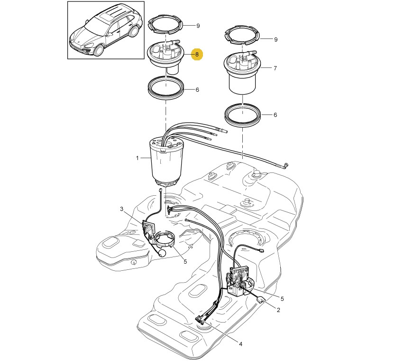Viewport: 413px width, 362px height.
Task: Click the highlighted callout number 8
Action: pyautogui.click(x=197, y=55)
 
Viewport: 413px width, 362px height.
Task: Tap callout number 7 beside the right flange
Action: pyautogui.click(x=275, y=68)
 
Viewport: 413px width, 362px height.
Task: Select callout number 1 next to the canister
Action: pyautogui.click(x=137, y=158)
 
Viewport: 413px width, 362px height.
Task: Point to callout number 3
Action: pyautogui.click(x=122, y=209)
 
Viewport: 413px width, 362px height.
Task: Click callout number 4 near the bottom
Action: pyautogui.click(x=240, y=344)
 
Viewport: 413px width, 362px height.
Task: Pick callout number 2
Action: pyautogui.click(x=278, y=310)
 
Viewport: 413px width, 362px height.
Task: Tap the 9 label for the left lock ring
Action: pyautogui.click(x=198, y=26)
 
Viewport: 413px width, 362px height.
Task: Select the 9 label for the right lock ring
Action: pyautogui.click(x=276, y=39)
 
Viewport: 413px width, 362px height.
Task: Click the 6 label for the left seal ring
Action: pyautogui.click(x=197, y=90)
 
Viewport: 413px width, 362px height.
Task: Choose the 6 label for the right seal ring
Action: pyautogui.click(x=275, y=115)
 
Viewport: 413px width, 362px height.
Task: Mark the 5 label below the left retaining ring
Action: pyautogui.click(x=185, y=261)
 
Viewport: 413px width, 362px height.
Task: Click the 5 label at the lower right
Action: pyautogui.click(x=282, y=299)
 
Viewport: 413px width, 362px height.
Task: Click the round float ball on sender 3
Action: pyautogui.click(x=163, y=253)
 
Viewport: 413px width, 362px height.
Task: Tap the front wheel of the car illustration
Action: pyautogui.click(x=99, y=50)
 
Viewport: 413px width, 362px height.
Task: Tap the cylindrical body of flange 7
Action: pyautogui.click(x=242, y=83)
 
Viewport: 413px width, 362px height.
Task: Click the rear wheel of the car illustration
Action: pyautogui.click(x=135, y=31)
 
